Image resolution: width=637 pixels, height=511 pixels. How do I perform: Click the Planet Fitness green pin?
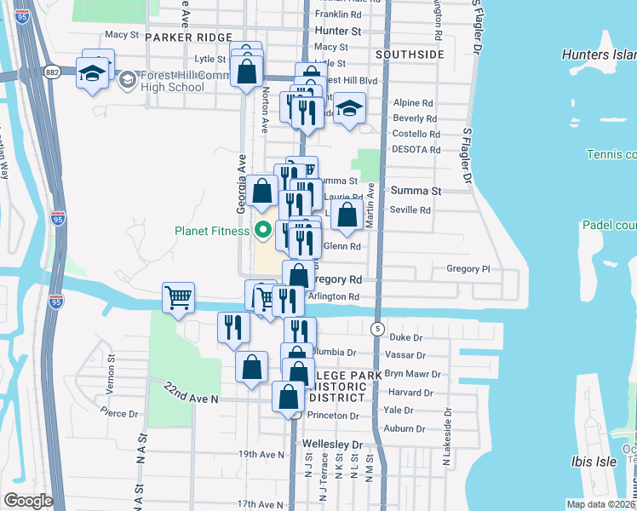coord(263,229)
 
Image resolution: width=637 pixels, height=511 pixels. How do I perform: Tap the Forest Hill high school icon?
coord(127,80)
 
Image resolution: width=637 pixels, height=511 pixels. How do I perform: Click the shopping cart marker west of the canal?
coord(178,298)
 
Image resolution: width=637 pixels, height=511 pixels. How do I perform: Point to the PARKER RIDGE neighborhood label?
coord(188,37)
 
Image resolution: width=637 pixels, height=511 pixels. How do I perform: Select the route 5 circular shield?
coord(376,328)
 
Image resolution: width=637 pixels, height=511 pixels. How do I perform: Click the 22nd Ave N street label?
coord(192,393)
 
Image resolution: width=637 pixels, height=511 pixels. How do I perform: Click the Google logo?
coord(28,501)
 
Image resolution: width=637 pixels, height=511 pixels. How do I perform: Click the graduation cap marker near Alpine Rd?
coord(347,109)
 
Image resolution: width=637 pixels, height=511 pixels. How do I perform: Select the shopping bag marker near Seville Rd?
coord(347,216)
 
